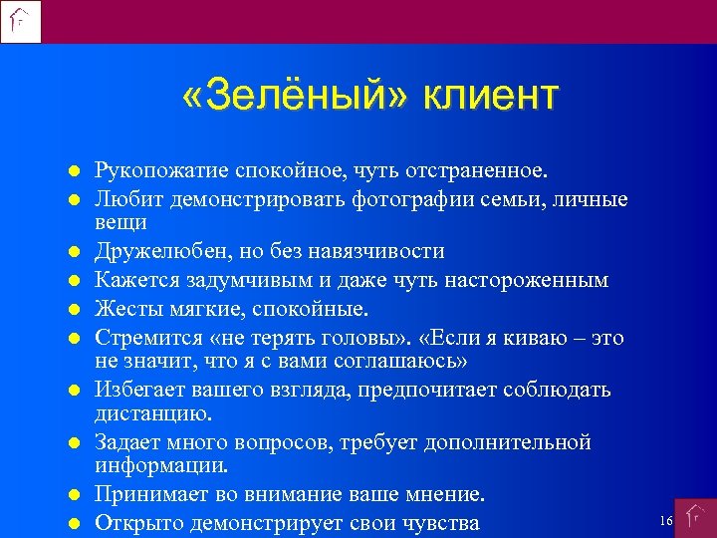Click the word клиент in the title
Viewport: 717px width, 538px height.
(491, 97)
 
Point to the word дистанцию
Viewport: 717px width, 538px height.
(145, 411)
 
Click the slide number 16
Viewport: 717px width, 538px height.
(666, 521)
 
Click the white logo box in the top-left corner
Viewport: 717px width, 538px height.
(21, 21)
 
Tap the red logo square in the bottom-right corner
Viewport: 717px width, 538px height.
(695, 518)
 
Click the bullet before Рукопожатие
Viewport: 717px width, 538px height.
(74, 173)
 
